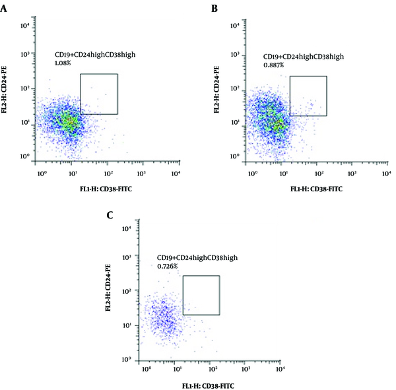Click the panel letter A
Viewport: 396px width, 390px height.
tap(3, 9)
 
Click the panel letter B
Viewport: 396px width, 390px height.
tap(214, 9)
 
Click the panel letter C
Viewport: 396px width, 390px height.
tap(110, 216)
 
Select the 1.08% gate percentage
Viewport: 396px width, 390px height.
tap(63, 63)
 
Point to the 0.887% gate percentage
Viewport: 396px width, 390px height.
tap(273, 65)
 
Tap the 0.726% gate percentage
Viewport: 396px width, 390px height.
tap(168, 266)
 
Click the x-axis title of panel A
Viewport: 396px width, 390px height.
tap(106, 189)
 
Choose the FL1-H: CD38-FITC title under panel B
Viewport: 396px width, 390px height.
tap(316, 189)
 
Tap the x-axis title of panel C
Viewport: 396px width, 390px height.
tap(208, 386)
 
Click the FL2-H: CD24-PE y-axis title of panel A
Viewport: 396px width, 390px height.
tap(4, 90)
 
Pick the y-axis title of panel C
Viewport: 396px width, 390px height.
tap(108, 288)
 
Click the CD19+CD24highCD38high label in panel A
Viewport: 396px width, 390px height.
tap(95, 55)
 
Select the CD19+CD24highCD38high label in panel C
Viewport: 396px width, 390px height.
tap(197, 257)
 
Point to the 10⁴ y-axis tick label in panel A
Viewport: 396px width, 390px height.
tap(25, 26)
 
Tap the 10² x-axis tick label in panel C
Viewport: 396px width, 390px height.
tap(213, 369)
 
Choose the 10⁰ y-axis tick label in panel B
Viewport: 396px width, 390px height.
tap(235, 156)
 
